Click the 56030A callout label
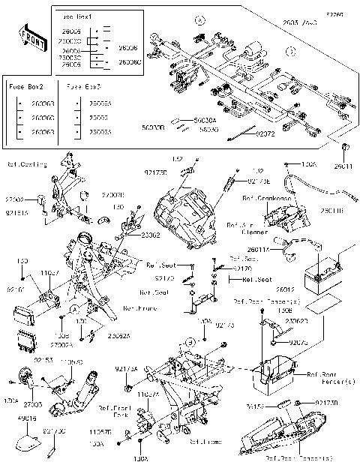coord(205,120)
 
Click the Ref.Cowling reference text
coord(28,164)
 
